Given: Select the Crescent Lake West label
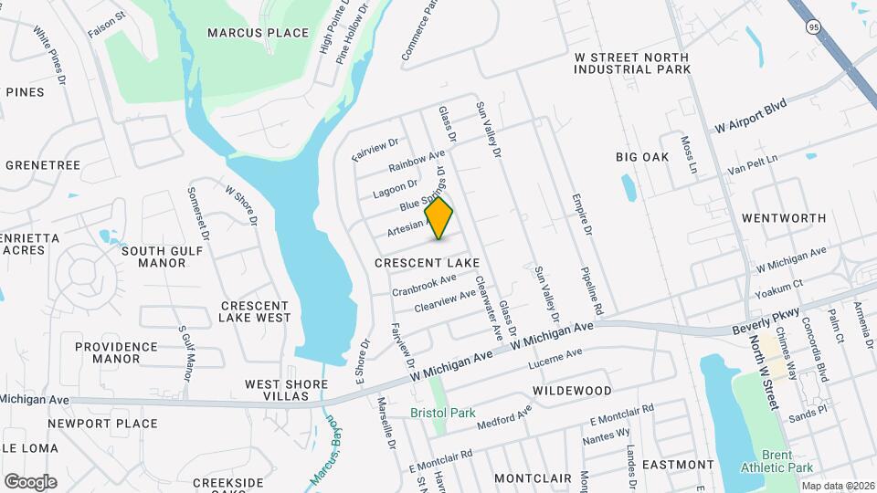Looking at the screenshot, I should [x=255, y=311].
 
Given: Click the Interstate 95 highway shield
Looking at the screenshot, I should [x=813, y=27].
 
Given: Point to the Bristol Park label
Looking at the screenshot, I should [x=443, y=413].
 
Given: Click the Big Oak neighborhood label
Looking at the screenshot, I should [x=642, y=157].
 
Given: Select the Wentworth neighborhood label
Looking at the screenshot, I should [x=784, y=218].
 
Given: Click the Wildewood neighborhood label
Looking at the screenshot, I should [x=572, y=391].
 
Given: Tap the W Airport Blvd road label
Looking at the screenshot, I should [x=750, y=116].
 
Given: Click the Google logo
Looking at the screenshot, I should [x=30, y=481].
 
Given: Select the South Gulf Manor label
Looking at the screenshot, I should [x=154, y=257].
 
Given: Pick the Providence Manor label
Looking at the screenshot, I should [x=116, y=352].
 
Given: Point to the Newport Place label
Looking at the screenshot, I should [x=102, y=424].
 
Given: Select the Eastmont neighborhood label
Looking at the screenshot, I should [x=678, y=465].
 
